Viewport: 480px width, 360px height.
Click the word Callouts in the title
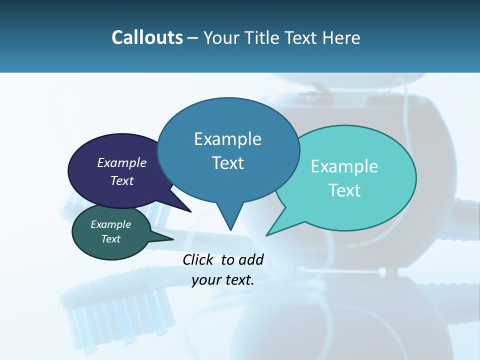[x=147, y=38]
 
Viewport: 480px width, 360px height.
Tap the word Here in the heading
[x=341, y=38]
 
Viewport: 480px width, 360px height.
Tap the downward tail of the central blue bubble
[x=230, y=220]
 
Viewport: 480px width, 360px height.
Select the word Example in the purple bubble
[x=122, y=162]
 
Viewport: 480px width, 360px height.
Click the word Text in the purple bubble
[x=122, y=180]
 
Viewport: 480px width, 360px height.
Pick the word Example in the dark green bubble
[x=110, y=224]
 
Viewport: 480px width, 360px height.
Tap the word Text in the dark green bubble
[x=110, y=239]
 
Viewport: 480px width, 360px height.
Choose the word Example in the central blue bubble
[x=227, y=139]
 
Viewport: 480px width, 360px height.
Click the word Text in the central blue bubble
[x=227, y=163]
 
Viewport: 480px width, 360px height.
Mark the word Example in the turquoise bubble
[x=344, y=166]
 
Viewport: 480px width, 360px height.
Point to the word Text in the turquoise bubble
[x=344, y=190]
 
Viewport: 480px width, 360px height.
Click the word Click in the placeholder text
[x=198, y=259]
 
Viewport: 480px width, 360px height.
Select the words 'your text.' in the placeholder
[x=223, y=280]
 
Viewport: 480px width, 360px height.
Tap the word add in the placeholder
[x=251, y=259]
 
